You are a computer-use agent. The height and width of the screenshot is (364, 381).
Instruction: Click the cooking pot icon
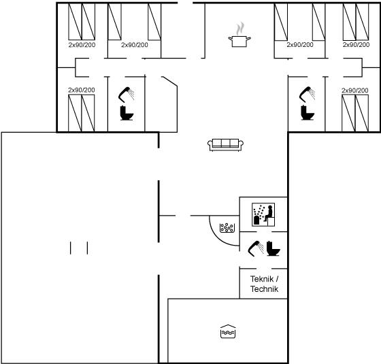point(239,42)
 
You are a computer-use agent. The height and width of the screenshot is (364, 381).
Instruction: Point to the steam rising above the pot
point(240,29)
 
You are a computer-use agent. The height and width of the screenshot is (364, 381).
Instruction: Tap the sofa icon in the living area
point(226,145)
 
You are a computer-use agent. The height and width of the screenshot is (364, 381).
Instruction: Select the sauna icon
point(263,214)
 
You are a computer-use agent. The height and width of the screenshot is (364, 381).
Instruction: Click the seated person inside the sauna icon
point(269,214)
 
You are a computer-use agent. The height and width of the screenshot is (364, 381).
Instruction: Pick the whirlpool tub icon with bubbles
point(227,228)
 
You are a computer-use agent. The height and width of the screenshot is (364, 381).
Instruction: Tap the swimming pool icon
point(228,331)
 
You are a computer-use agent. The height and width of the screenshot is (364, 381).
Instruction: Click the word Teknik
point(262,279)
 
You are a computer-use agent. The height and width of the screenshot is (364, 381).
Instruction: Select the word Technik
point(265,289)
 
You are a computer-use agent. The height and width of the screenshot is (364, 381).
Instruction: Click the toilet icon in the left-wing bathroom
point(127,113)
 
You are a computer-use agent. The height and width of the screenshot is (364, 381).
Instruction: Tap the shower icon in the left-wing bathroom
point(127,95)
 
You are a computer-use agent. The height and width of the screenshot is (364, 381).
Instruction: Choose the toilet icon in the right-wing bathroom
point(308,113)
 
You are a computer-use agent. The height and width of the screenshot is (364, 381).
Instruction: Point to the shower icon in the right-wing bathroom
point(307,95)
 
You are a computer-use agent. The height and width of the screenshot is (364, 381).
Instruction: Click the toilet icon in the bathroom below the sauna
point(274,248)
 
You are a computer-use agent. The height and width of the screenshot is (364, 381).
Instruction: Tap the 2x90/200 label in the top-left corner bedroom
point(82,45)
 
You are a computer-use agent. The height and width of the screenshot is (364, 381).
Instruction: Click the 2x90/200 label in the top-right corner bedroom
point(356,45)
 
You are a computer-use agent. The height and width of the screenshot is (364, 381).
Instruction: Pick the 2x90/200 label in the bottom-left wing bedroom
point(82,90)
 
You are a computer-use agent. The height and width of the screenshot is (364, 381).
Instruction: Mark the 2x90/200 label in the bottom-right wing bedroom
point(354,90)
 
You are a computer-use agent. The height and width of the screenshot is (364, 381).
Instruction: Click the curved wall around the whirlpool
point(218,237)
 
